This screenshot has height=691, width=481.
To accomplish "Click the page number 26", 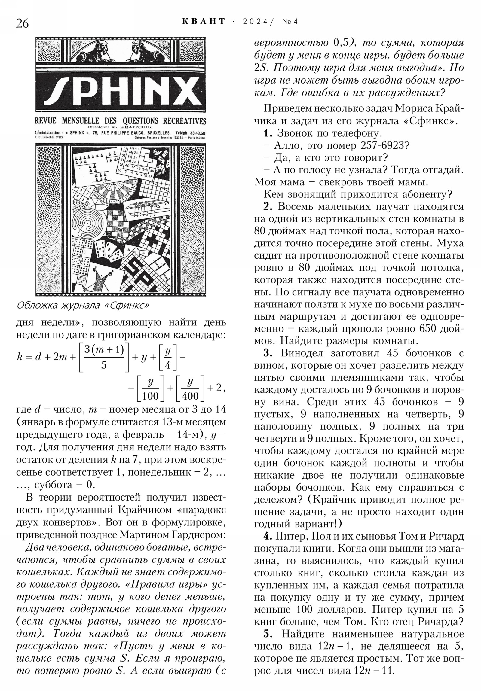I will click(22, 23).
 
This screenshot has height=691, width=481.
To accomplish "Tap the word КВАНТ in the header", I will click(204, 21).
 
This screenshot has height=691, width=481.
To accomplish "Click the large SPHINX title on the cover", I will click(121, 90).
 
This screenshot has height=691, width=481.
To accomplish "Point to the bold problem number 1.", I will click(268, 133).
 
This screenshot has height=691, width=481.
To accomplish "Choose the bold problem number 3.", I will click(268, 353).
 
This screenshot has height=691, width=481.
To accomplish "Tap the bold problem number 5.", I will click(268, 634).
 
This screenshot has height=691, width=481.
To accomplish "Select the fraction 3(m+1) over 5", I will click(104, 357).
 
